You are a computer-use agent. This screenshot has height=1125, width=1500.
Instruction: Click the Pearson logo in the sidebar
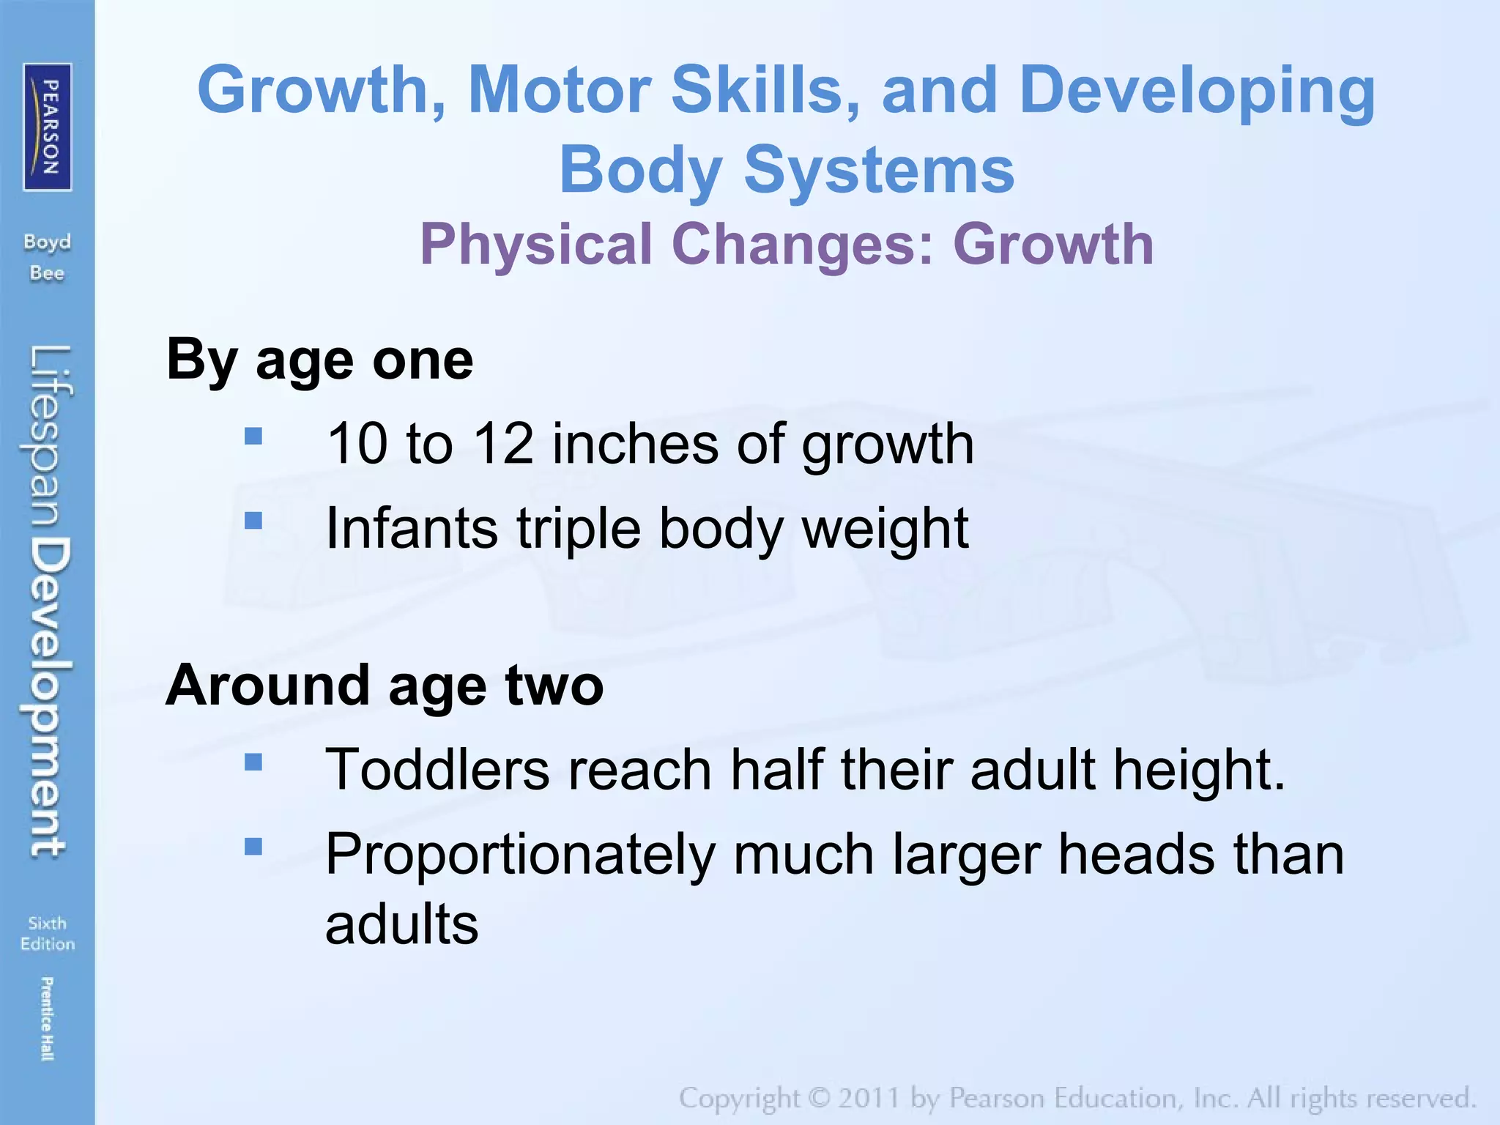pyautogui.click(x=48, y=127)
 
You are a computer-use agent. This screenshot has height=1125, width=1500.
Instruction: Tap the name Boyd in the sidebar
pyautogui.click(x=47, y=242)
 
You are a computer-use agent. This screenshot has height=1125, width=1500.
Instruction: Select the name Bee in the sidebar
pyautogui.click(x=47, y=273)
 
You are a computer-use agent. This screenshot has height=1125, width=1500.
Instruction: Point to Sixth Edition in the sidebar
pyautogui.click(x=47, y=933)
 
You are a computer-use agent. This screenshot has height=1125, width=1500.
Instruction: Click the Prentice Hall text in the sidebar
pyautogui.click(x=46, y=1018)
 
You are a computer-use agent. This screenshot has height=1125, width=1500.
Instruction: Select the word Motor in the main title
pyautogui.click(x=560, y=89)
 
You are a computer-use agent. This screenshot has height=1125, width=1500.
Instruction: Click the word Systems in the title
pyautogui.click(x=879, y=170)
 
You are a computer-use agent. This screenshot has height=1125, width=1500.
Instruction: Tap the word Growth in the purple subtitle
pyautogui.click(x=1053, y=244)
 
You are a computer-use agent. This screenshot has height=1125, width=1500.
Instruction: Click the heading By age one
pyautogui.click(x=320, y=360)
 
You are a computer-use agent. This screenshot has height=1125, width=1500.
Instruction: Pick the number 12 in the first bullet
pyautogui.click(x=503, y=444)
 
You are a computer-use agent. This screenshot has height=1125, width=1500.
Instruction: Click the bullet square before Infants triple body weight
pyautogui.click(x=253, y=520)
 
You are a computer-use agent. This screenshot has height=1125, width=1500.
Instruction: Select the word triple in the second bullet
pyautogui.click(x=579, y=528)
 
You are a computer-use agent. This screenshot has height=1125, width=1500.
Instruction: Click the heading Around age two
pyautogui.click(x=385, y=686)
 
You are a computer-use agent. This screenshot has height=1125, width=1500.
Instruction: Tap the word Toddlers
pyautogui.click(x=437, y=770)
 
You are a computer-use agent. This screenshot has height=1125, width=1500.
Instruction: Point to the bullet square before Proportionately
pyautogui.click(x=253, y=847)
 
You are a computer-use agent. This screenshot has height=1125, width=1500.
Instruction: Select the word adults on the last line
pyautogui.click(x=401, y=924)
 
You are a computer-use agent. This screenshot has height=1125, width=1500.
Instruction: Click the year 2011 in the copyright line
pyautogui.click(x=869, y=1098)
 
